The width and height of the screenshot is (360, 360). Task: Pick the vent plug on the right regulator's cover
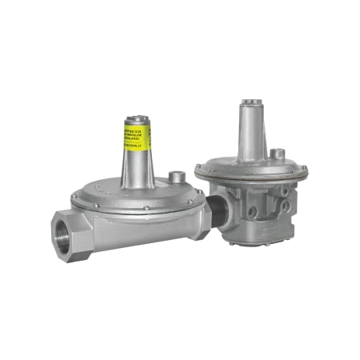tap(278, 153)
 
